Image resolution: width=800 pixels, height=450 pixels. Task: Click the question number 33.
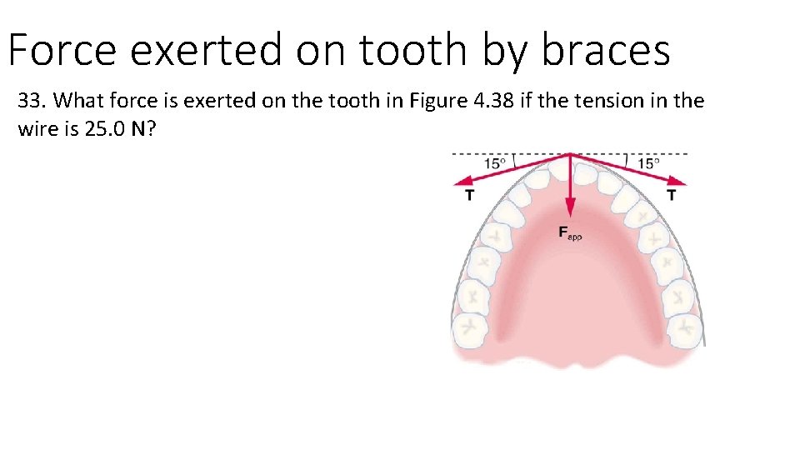32,102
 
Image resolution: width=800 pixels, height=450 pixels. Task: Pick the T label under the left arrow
469,197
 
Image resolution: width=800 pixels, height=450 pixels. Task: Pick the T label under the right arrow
672,197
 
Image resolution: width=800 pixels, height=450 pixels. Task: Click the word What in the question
78,102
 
